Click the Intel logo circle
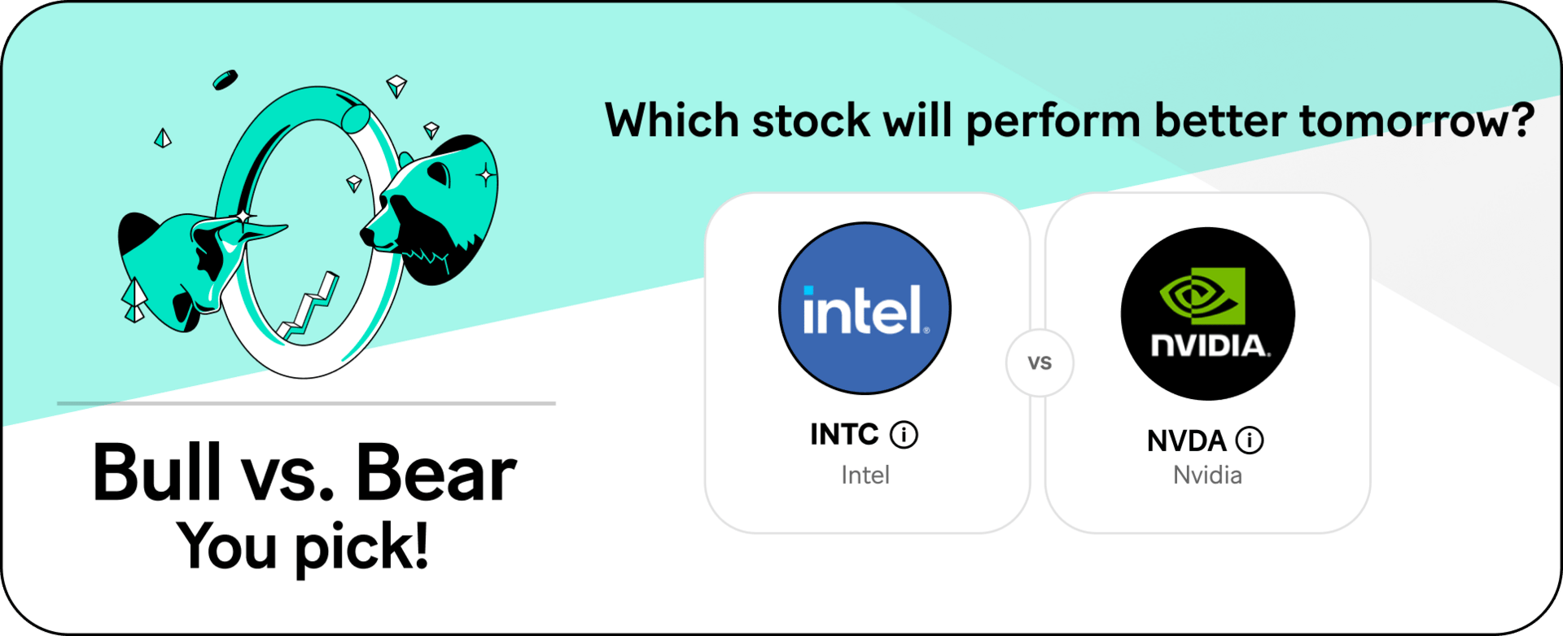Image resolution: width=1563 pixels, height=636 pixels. tap(865, 309)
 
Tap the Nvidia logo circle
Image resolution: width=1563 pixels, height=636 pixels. tap(1208, 314)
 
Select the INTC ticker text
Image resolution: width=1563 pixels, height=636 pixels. tap(844, 434)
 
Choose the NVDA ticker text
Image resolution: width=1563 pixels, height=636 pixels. tap(1186, 441)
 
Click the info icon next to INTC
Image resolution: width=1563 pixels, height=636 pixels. tap(904, 435)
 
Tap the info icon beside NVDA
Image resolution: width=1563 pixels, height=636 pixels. tap(1250, 441)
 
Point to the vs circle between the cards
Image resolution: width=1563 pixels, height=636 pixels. tap(1040, 362)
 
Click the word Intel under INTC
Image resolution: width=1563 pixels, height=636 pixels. tap(865, 475)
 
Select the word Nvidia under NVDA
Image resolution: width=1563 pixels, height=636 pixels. tap(1207, 475)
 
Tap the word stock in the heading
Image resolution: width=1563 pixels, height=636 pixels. tap(811, 121)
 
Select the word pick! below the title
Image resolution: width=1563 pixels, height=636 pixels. tap(361, 547)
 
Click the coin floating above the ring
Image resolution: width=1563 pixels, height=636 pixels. tap(225, 80)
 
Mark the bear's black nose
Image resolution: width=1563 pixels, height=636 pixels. tap(368, 236)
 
